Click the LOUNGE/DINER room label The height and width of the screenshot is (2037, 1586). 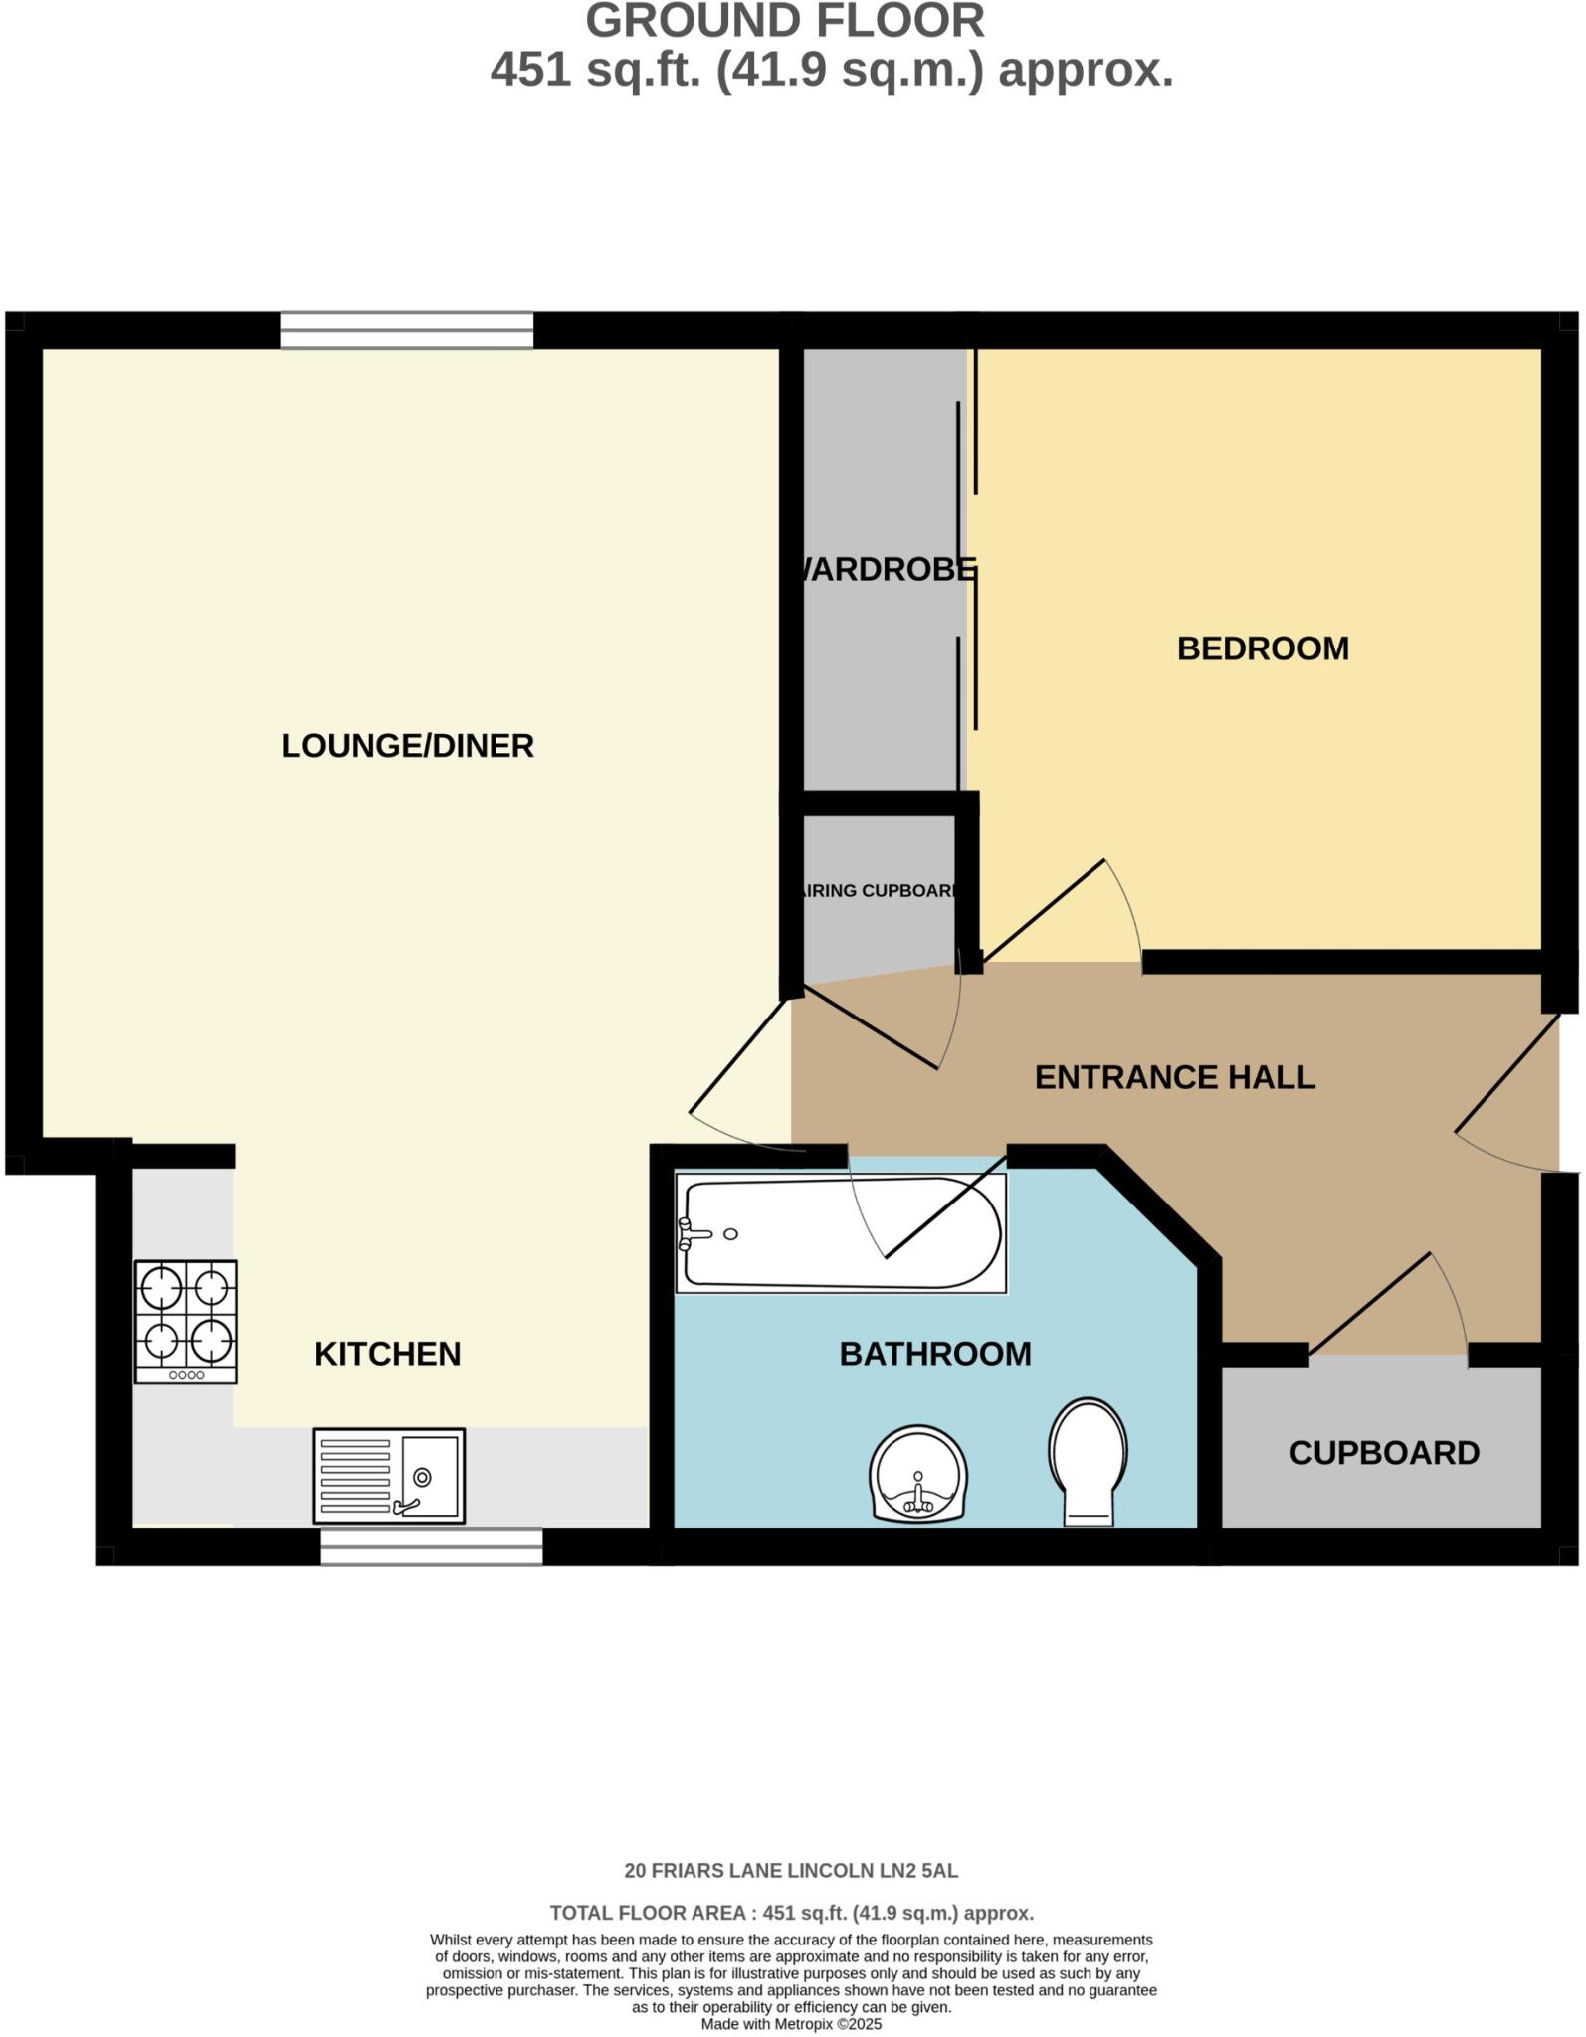coord(407,746)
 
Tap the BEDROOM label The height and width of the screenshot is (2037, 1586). coord(1262,648)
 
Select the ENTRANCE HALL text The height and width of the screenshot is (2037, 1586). coord(1174,1077)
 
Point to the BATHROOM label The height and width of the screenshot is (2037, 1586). coord(934,1354)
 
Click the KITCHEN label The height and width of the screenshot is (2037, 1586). coord(387,1354)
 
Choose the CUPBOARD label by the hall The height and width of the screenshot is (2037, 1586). coord(1383,1453)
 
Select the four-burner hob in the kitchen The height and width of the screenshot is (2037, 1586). coord(186,1321)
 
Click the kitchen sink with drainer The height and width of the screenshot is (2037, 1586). coord(389,1476)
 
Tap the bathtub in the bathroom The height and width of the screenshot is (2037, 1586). coord(841,1233)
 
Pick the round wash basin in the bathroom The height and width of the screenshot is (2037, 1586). coord(917,1474)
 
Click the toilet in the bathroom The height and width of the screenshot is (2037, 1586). coord(1088,1460)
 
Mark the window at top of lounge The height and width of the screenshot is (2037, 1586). coord(406,331)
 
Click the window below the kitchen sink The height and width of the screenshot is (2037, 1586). coord(431,1547)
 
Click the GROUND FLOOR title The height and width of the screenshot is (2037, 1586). coord(784,22)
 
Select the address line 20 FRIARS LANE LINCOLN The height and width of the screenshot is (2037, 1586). coord(791,1871)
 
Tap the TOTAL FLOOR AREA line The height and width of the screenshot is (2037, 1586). coord(791,1913)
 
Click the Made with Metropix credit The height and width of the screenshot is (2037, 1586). coord(791,2024)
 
